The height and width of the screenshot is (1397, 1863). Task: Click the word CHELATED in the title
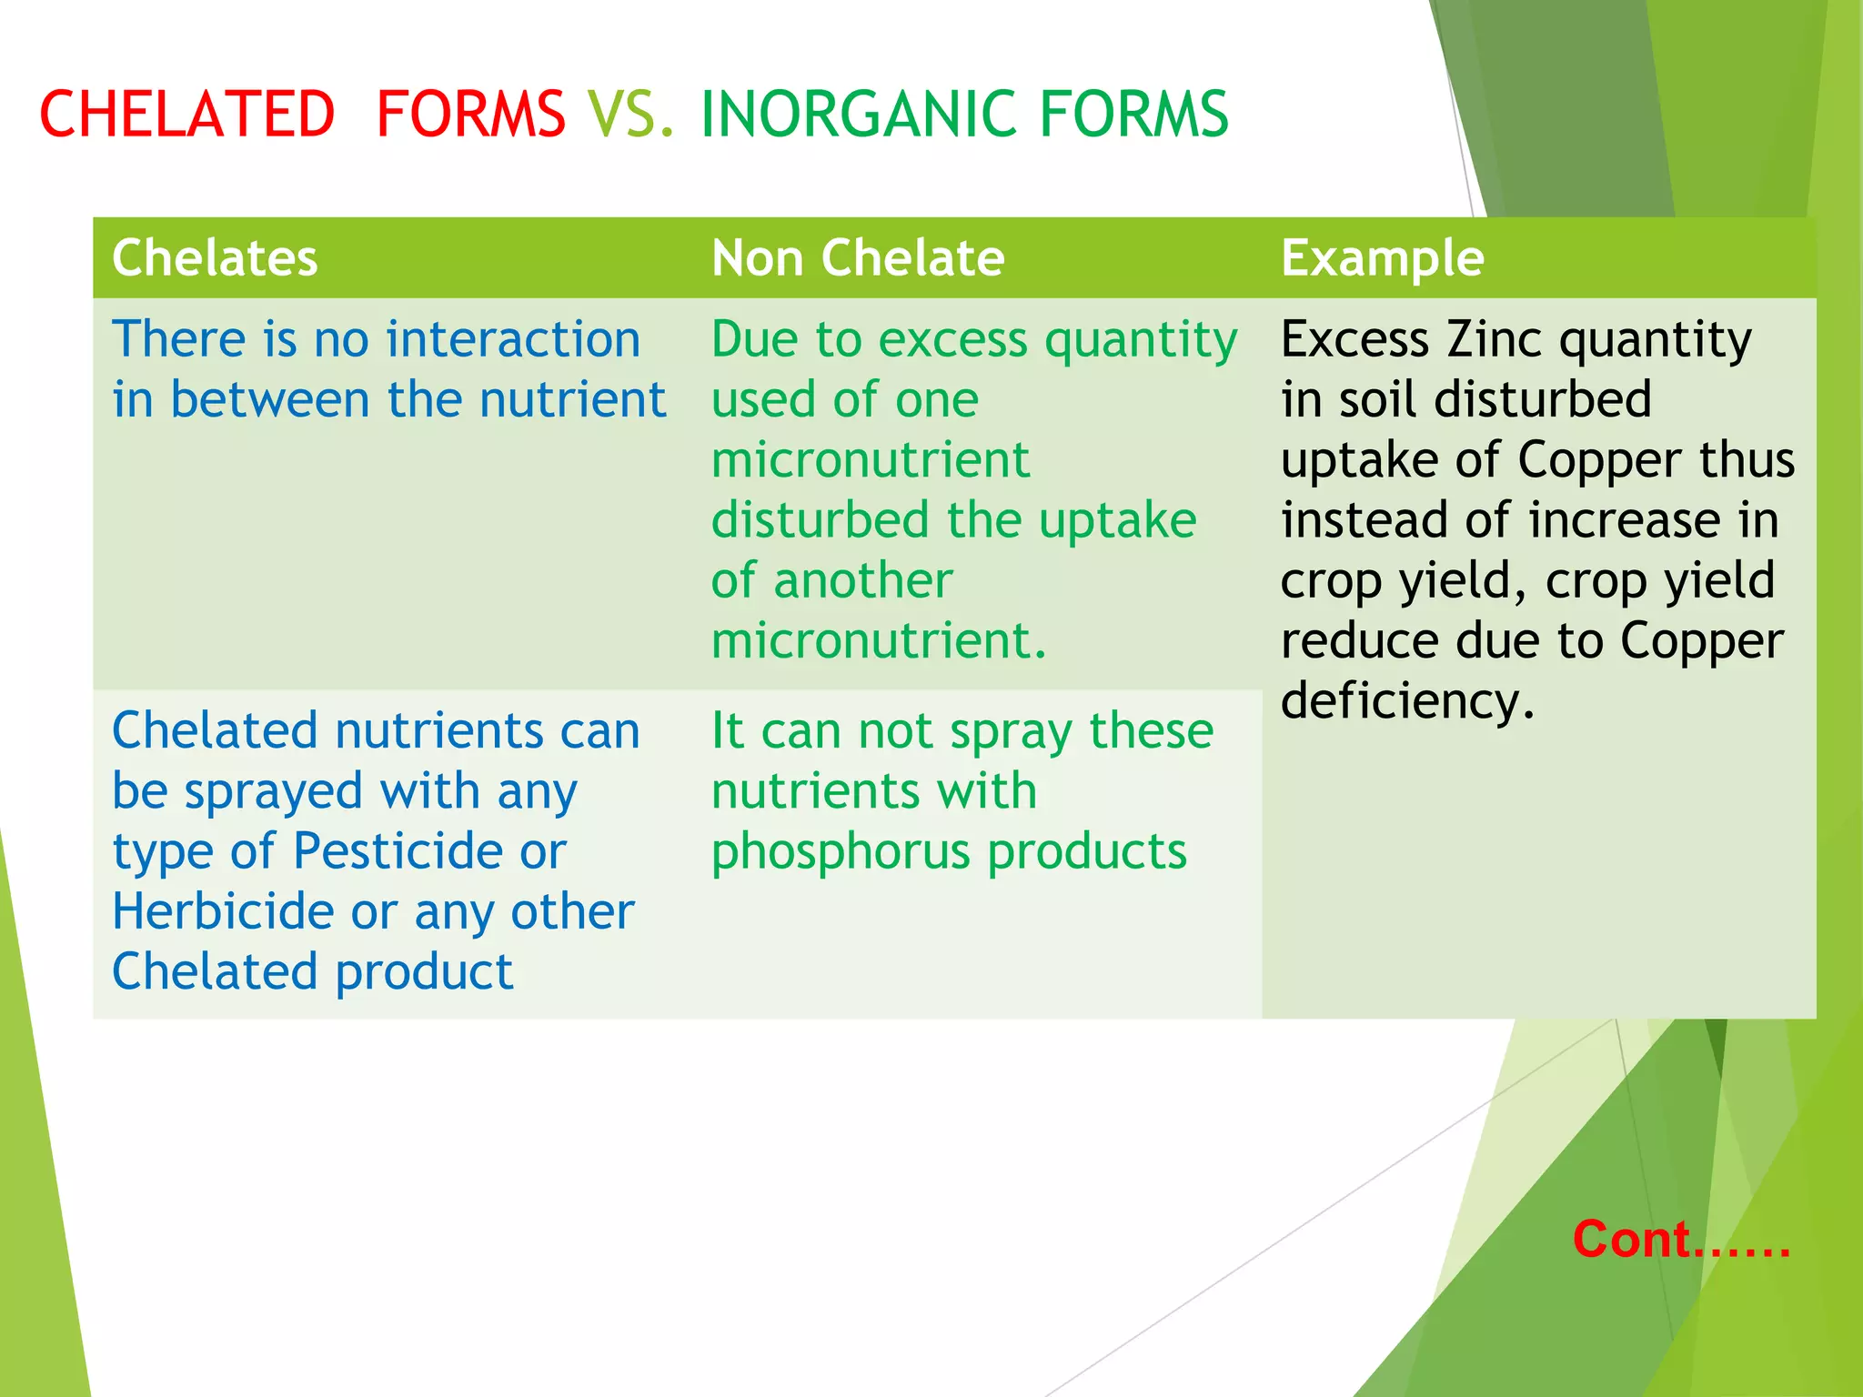[187, 115]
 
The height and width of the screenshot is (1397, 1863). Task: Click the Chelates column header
[215, 257]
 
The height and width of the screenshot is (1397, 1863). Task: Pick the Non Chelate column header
[858, 257]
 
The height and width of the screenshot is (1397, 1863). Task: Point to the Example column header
[1382, 257]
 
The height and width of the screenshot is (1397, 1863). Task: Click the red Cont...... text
[1681, 1239]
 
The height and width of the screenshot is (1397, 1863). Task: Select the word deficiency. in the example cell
[1407, 701]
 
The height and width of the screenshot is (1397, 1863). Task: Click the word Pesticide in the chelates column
[398, 851]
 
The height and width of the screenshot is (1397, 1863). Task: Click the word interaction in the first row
[513, 339]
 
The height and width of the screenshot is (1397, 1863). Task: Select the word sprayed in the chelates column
[273, 792]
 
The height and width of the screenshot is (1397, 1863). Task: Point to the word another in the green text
[862, 580]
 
